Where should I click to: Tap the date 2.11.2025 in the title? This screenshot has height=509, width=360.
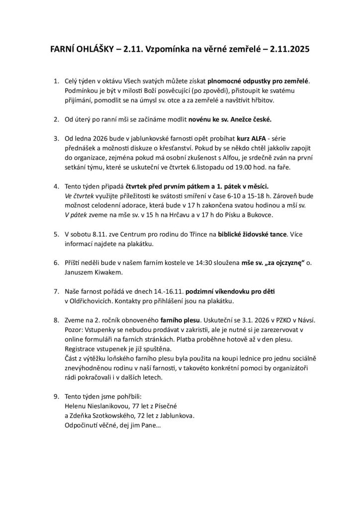tap(286, 50)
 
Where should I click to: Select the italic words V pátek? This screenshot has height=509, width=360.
tap(76, 215)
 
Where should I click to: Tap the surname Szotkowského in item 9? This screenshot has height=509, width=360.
tap(117, 416)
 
